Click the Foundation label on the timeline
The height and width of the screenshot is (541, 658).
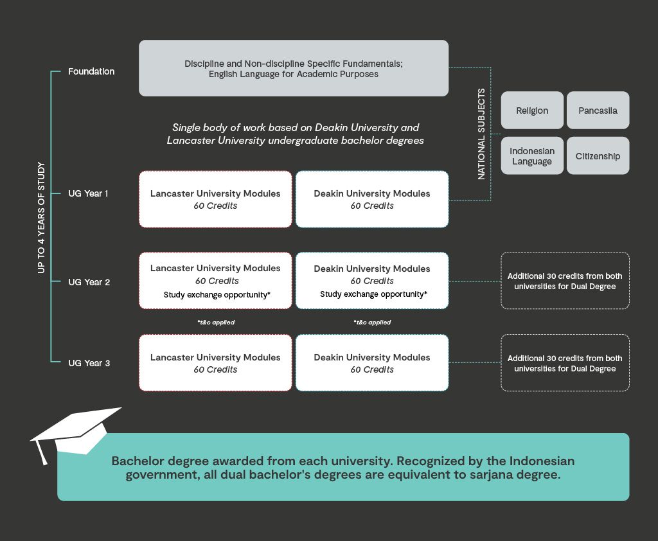click(x=91, y=71)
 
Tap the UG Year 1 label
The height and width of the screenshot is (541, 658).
click(x=89, y=193)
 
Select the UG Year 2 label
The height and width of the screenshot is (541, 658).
click(x=89, y=281)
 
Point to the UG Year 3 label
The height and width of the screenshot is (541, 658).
click(x=89, y=363)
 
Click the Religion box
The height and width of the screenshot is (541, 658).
click(x=532, y=111)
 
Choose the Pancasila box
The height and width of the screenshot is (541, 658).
click(x=598, y=111)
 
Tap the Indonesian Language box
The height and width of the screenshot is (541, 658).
click(x=532, y=156)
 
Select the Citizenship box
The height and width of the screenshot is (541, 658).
click(x=598, y=156)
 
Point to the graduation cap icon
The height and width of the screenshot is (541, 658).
click(x=74, y=430)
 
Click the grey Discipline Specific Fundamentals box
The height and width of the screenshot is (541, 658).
click(x=294, y=68)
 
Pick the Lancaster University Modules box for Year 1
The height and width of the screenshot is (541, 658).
click(x=215, y=199)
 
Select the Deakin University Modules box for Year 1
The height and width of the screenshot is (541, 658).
click(x=372, y=199)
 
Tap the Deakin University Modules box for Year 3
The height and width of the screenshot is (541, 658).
click(x=372, y=363)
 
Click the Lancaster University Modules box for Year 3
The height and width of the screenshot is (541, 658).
click(x=215, y=363)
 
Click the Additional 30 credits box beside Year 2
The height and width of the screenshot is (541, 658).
click(x=565, y=281)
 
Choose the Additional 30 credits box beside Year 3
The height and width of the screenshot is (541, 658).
click(x=565, y=363)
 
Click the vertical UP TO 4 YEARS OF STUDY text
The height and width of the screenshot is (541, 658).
click(x=41, y=218)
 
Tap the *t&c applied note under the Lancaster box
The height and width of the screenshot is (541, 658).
click(x=216, y=323)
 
